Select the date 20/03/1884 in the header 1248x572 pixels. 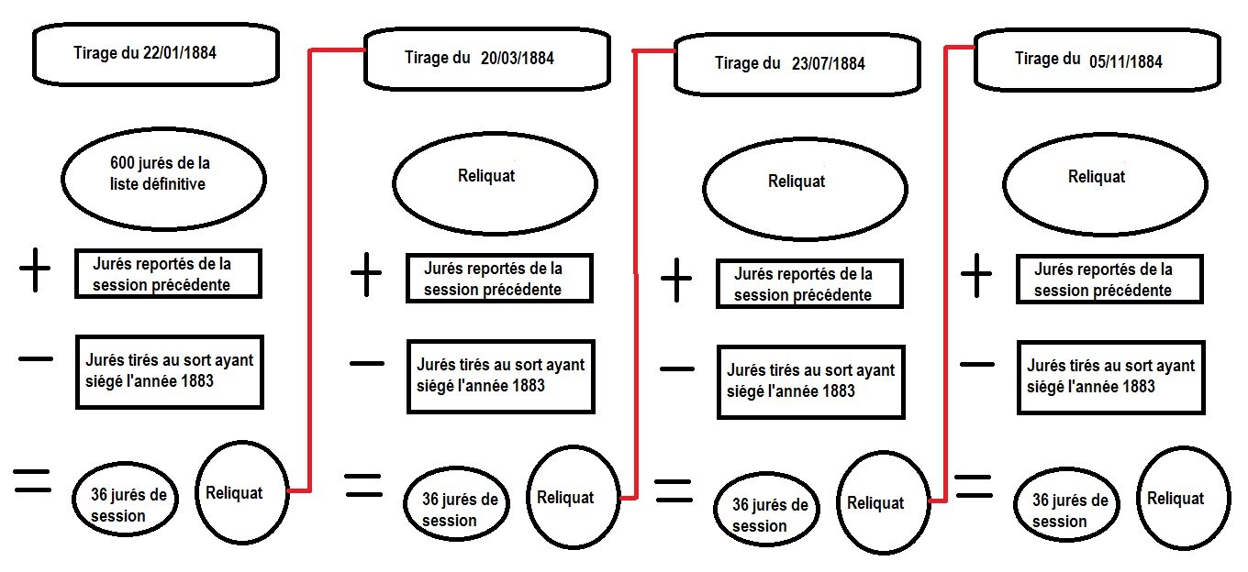(x=517, y=59)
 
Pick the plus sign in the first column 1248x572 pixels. (x=36, y=272)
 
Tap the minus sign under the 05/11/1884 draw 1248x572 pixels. (x=976, y=364)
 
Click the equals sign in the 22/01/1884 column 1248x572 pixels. (x=32, y=480)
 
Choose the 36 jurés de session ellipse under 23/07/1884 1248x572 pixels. (x=769, y=514)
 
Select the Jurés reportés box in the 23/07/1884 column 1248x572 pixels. (x=808, y=283)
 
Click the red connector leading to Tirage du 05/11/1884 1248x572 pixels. (x=945, y=275)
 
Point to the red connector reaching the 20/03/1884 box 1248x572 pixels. (x=310, y=275)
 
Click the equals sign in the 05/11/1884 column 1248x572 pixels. (x=974, y=487)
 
